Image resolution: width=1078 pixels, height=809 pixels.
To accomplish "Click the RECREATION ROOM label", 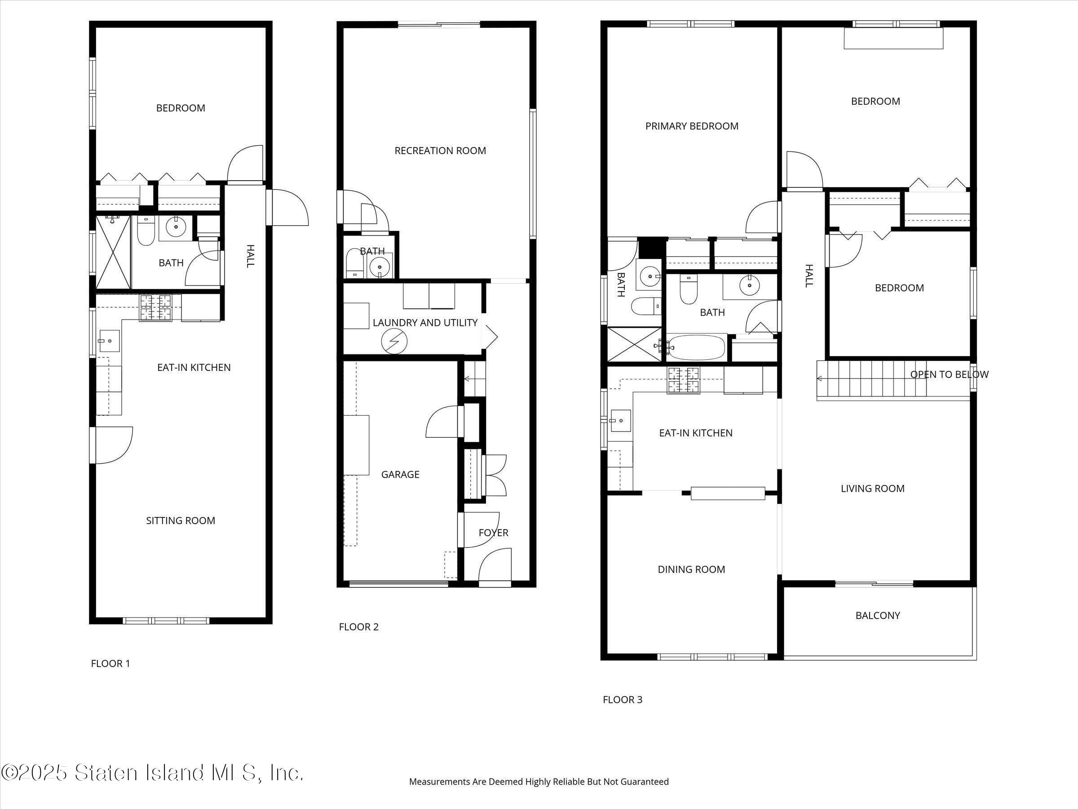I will (x=440, y=151).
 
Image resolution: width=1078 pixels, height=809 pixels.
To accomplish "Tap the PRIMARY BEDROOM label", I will (x=692, y=126).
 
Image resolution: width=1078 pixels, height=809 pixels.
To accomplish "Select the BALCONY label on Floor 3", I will (x=877, y=615).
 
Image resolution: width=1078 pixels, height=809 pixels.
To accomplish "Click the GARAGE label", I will (x=400, y=475).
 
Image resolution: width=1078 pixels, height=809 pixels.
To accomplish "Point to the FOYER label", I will (x=493, y=533).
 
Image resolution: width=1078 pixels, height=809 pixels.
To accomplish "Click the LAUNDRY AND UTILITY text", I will (x=425, y=323).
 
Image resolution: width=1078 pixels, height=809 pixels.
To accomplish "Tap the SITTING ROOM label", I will (x=180, y=521).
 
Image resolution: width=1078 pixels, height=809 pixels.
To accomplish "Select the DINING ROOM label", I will (x=691, y=569).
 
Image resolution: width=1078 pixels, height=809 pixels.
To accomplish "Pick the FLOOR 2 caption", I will (x=359, y=627).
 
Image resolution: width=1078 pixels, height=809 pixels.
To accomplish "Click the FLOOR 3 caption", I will (x=623, y=700).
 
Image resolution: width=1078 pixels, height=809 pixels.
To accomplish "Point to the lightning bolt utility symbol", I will (x=394, y=341).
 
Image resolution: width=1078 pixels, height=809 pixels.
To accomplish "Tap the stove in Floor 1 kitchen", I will (x=156, y=308).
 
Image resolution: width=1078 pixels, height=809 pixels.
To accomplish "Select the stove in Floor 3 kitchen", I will (x=683, y=380).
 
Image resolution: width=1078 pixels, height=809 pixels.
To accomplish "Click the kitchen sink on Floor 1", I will (x=109, y=340).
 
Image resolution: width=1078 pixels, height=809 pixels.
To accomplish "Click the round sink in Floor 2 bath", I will (x=379, y=267).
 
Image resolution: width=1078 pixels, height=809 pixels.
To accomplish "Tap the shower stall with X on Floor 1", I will (x=113, y=252).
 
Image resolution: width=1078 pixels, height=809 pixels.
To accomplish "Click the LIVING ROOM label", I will (x=872, y=489).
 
